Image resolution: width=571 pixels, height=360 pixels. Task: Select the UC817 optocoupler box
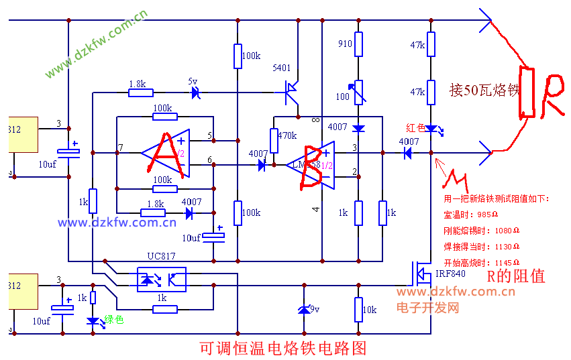coord(161,280)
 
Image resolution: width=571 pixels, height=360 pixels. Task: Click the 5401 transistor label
coord(282,68)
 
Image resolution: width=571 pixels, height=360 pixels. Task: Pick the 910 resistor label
coord(345,44)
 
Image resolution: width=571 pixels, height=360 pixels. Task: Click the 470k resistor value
coord(287,135)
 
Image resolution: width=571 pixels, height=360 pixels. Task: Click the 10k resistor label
coord(370,310)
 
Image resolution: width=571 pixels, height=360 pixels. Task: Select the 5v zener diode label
coord(193,82)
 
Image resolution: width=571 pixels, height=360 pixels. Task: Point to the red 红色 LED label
coord(416,128)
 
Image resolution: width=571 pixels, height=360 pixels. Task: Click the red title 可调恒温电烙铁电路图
coord(284,349)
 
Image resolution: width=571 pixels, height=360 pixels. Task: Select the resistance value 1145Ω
coord(507,262)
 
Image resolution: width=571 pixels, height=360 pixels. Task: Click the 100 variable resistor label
coord(343,97)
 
